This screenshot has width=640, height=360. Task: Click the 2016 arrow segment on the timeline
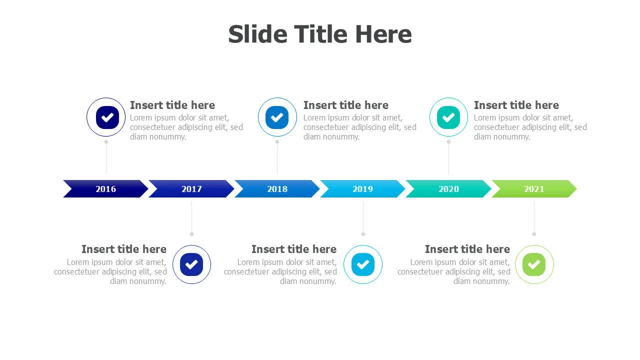click(x=105, y=189)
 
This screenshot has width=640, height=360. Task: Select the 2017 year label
click(x=191, y=189)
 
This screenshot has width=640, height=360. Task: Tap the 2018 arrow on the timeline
click(x=277, y=189)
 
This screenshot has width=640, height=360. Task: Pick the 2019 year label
click(x=363, y=189)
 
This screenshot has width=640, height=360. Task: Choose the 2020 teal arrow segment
click(x=448, y=189)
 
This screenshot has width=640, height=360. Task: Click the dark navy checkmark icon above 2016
click(x=107, y=117)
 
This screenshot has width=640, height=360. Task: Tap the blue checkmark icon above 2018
click(x=277, y=117)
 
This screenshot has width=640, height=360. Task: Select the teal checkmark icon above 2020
click(x=448, y=117)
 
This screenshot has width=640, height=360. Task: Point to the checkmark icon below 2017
click(x=191, y=264)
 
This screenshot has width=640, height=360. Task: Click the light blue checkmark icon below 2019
click(x=363, y=264)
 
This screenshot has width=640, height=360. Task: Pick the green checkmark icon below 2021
click(x=534, y=264)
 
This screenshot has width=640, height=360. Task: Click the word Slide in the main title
click(x=257, y=34)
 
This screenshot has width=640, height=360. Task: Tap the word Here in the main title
click(x=383, y=34)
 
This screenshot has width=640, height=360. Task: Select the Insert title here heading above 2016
click(x=172, y=105)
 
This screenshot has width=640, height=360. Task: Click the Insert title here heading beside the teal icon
click(x=516, y=105)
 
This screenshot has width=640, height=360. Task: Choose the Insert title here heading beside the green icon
click(x=467, y=249)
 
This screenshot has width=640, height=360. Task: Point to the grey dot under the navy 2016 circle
click(x=106, y=141)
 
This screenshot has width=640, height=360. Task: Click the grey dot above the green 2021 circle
click(x=534, y=234)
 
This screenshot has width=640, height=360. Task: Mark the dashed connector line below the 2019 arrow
click(x=363, y=217)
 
